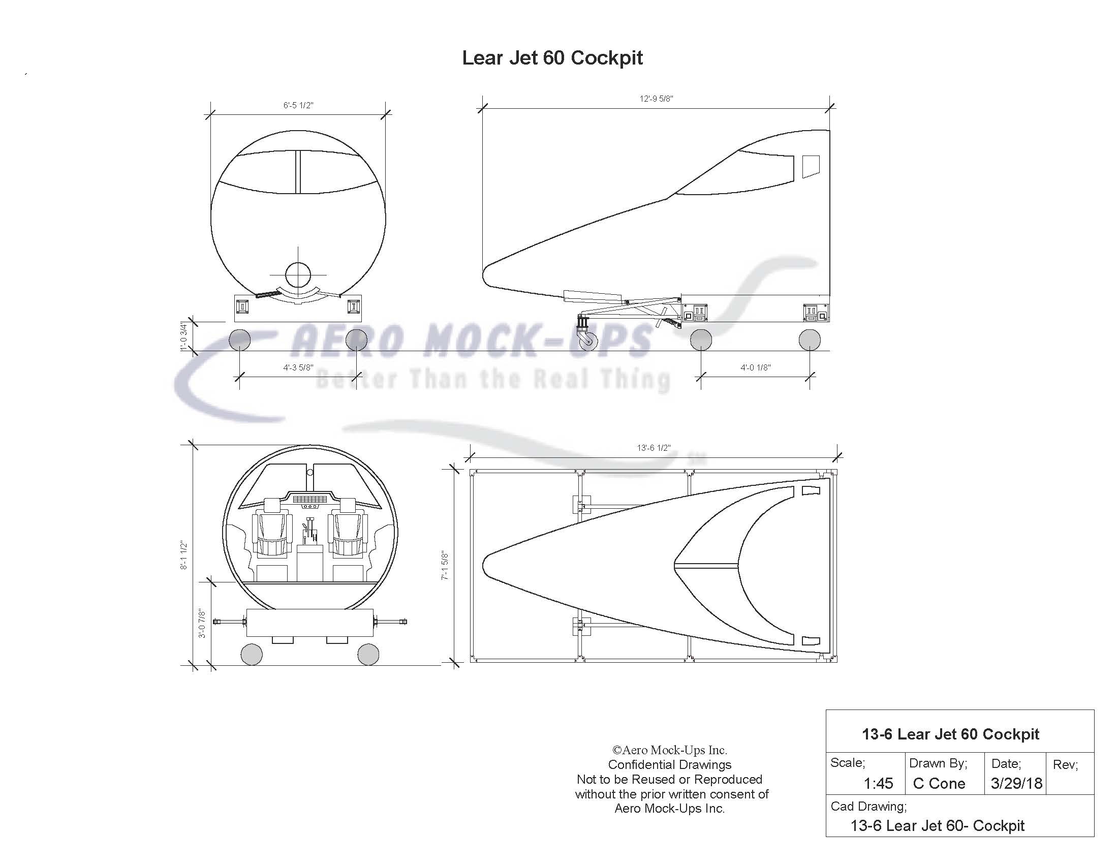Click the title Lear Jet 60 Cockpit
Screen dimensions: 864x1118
tap(552, 58)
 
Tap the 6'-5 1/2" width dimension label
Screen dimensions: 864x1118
tap(298, 105)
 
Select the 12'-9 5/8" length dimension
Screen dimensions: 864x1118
tap(656, 99)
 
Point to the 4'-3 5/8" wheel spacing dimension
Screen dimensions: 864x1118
tap(298, 367)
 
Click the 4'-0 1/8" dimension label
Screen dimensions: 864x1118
tap(755, 367)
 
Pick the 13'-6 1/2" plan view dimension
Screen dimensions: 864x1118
tap(653, 448)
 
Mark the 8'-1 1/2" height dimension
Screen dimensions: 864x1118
tap(184, 555)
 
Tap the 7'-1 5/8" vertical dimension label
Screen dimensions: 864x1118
tap(445, 565)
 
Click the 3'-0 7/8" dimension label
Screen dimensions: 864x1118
tap(202, 623)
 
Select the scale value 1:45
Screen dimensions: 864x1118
tap(878, 783)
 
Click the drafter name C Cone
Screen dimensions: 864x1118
tap(939, 783)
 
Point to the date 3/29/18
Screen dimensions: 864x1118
tap(1016, 783)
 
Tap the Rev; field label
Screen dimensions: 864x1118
tap(1065, 765)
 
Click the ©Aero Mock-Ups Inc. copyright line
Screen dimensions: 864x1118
tap(670, 750)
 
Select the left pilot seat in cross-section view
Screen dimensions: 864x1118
tap(272, 532)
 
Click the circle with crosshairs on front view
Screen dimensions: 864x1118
tap(298, 275)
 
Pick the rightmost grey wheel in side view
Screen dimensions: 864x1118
tap(810, 340)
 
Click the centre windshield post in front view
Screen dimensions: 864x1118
tap(298, 171)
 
